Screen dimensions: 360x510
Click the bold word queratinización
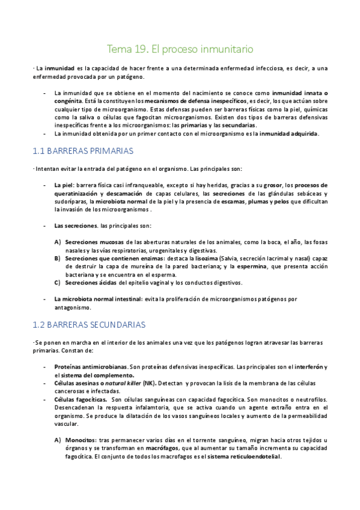[76, 194]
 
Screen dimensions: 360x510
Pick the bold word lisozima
[199, 259]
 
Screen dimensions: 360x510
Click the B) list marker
[58, 259]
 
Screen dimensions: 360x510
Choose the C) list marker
[58, 282]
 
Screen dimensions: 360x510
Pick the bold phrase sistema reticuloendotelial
[243, 456]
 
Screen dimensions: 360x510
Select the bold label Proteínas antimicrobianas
[90, 366]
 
